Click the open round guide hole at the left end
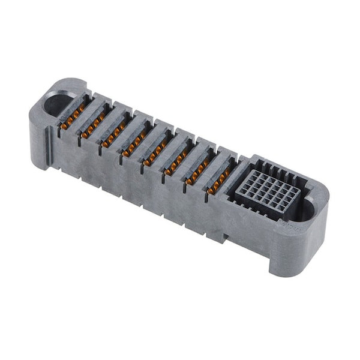58,104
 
